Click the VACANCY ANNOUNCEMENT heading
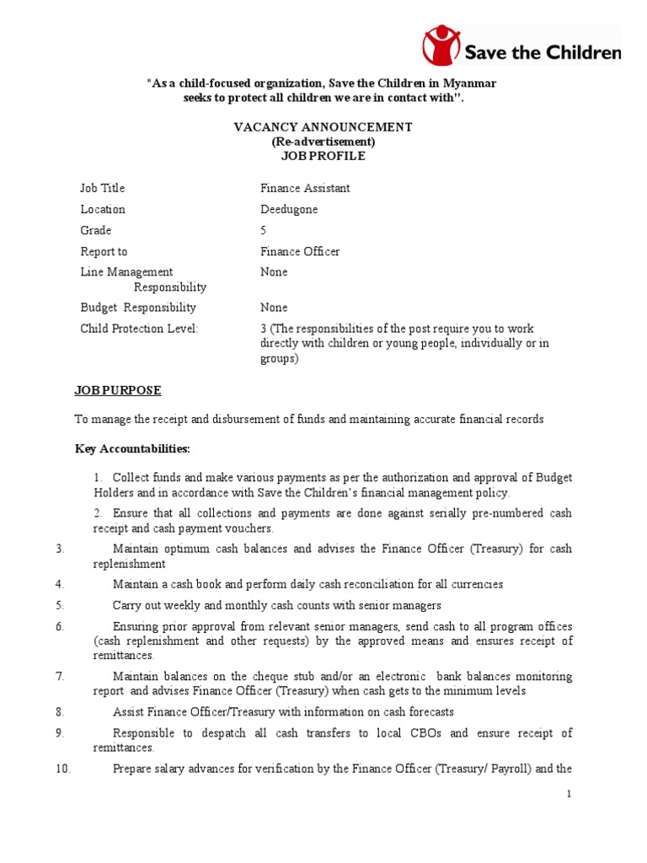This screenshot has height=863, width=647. pyautogui.click(x=323, y=127)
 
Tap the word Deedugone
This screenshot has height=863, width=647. pyautogui.click(x=289, y=209)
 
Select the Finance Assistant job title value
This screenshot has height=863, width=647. pyautogui.click(x=305, y=188)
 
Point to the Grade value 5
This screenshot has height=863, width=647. pyautogui.click(x=264, y=230)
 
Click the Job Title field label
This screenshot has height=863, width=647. pyautogui.click(x=102, y=188)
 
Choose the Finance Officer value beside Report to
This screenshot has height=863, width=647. pyautogui.click(x=300, y=251)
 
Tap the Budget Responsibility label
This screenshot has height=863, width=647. pyautogui.click(x=138, y=308)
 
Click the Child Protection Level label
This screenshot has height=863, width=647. pyautogui.click(x=139, y=329)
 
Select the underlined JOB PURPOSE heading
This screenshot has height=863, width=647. pyautogui.click(x=118, y=391)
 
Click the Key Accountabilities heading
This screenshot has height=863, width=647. pyautogui.click(x=132, y=448)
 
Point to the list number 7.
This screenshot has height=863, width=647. pyautogui.click(x=60, y=676)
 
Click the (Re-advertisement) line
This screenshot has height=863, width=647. pyautogui.click(x=323, y=142)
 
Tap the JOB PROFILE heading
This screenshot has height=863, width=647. pyautogui.click(x=323, y=156)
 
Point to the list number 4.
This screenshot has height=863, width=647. pyautogui.click(x=60, y=584)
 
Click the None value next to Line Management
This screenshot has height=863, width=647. pyautogui.click(x=274, y=272)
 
